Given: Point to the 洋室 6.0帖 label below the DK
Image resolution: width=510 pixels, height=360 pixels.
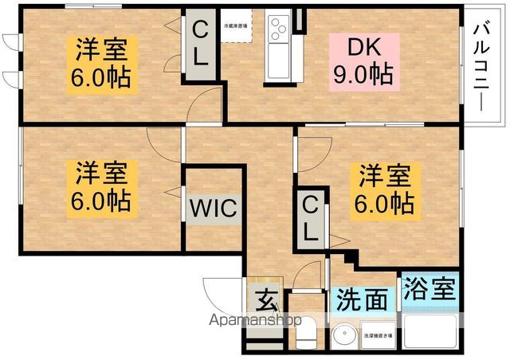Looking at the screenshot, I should [x=385, y=189].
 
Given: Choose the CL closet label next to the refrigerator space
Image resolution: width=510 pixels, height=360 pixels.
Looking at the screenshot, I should [x=201, y=44].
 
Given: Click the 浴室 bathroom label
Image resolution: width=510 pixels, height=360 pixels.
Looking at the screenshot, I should [x=430, y=288].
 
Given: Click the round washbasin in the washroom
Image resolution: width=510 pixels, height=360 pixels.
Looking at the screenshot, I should [x=343, y=335].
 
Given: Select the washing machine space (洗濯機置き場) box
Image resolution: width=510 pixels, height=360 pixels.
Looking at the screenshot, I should [x=379, y=335].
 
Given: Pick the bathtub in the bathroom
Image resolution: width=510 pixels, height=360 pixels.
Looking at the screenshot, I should [x=430, y=330].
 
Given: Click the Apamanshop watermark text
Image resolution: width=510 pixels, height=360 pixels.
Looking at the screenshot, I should [x=255, y=320].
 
